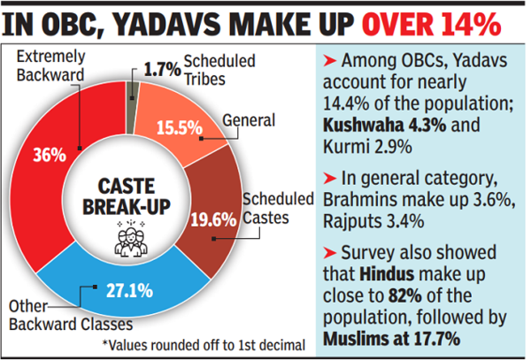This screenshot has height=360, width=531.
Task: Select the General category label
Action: pyautogui.click(x=248, y=119)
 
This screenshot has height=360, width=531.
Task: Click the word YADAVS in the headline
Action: pyautogui.click(x=157, y=24)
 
